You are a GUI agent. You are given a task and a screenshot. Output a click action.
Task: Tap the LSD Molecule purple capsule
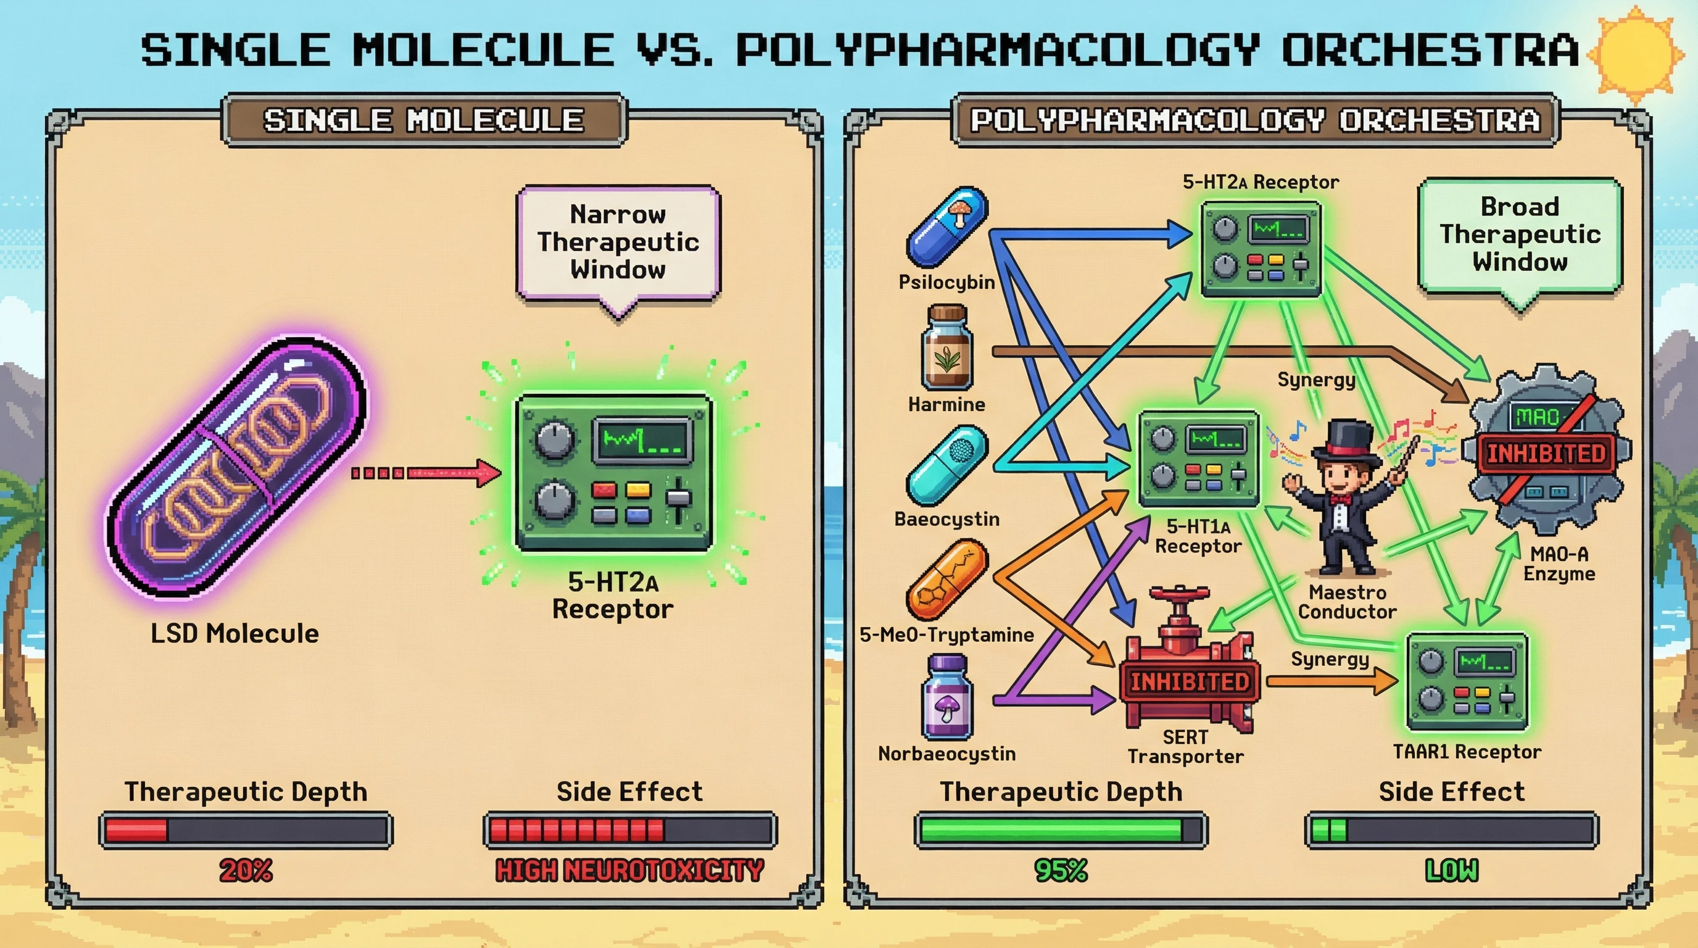coord(238,468)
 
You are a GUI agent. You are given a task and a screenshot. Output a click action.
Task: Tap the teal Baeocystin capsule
coord(947,465)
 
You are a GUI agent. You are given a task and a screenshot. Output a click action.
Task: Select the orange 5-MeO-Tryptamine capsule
coord(947,580)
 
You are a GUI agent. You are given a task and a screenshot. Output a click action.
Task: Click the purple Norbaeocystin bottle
coord(947,697)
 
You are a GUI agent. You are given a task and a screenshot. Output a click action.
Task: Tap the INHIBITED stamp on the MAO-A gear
coord(1546,454)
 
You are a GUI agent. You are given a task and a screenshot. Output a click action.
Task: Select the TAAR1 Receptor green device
coord(1467,683)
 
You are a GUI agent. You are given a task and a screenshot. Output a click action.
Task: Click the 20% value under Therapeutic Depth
coord(245,871)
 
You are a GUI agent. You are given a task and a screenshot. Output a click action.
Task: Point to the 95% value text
coord(1061,871)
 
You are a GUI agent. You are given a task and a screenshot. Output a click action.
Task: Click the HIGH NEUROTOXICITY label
coord(629,871)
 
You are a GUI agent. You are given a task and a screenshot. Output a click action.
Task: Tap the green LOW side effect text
coord(1451,871)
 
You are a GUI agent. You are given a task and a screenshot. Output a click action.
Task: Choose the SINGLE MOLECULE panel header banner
coord(424,120)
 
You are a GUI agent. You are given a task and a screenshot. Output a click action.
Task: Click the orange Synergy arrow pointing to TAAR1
coord(1331,681)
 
